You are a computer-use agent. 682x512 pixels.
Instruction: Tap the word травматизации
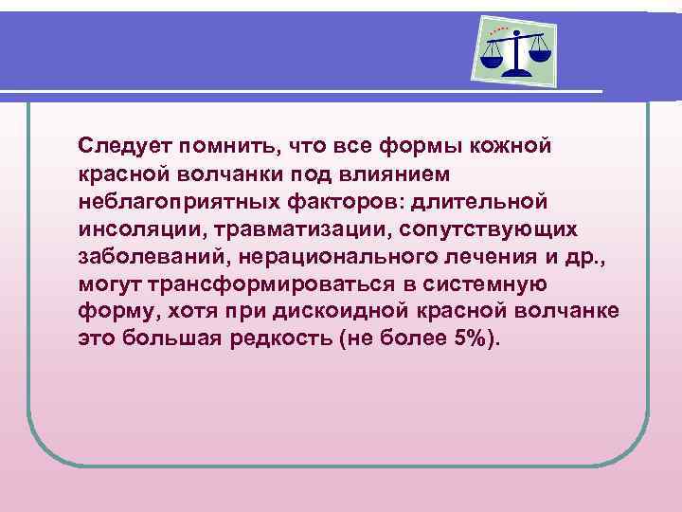(x=294, y=230)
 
